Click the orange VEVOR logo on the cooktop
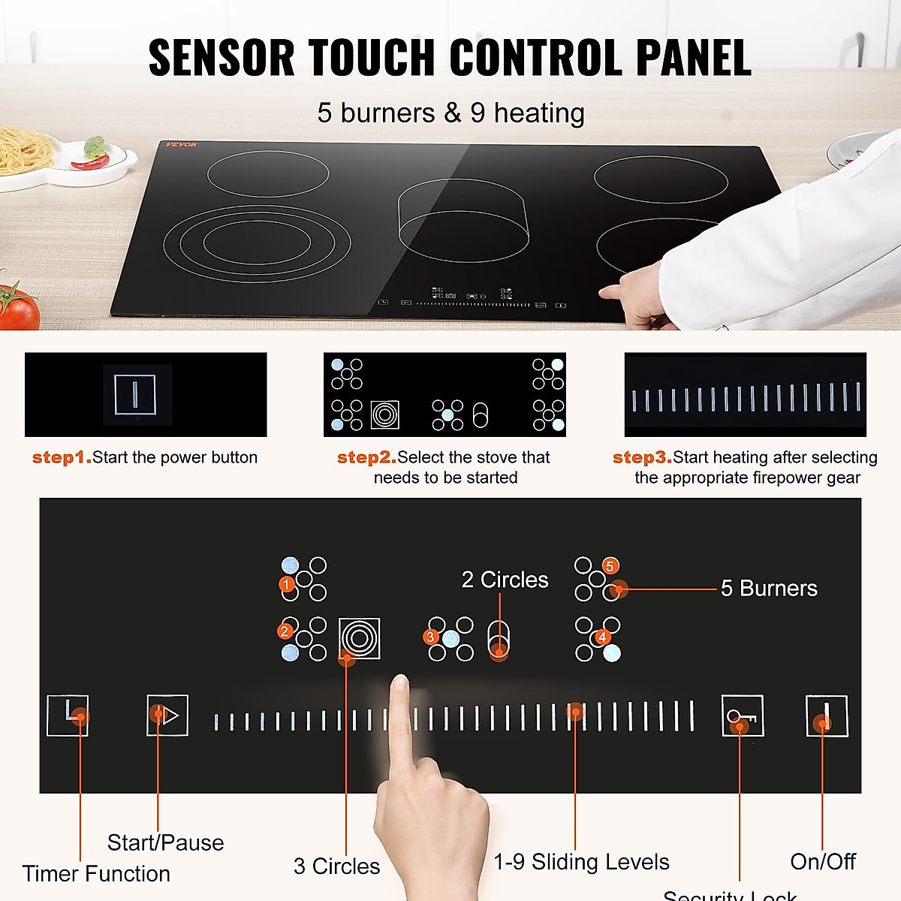(x=181, y=145)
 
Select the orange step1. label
(x=62, y=457)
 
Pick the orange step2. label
(x=366, y=457)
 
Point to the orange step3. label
(x=642, y=457)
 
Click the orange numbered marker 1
(x=286, y=583)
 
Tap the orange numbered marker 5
(x=610, y=566)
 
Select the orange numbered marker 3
(x=430, y=637)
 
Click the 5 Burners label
(x=769, y=588)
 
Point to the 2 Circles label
(x=505, y=580)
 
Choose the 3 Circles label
(x=336, y=866)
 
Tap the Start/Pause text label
(x=165, y=842)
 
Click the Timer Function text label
(x=96, y=873)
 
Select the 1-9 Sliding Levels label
(x=581, y=861)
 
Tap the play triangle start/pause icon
(x=167, y=715)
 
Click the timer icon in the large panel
(x=68, y=715)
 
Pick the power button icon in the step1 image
(x=135, y=394)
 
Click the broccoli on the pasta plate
(x=95, y=146)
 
